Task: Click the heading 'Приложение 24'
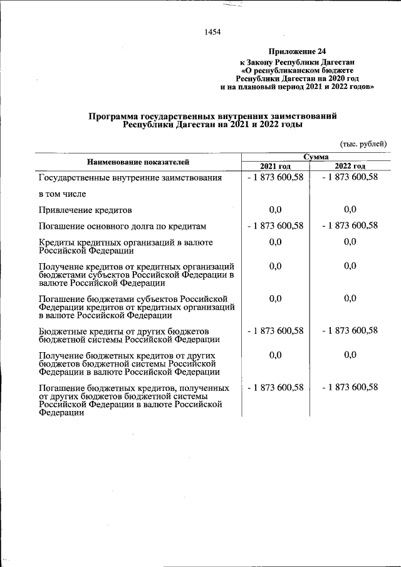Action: [x=298, y=51]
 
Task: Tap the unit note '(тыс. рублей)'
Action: [x=363, y=144]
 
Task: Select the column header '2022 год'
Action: [x=350, y=166]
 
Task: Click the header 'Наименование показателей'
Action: [x=138, y=162]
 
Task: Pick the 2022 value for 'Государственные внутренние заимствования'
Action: [x=350, y=177]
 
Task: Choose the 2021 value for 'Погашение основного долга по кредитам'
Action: [x=276, y=226]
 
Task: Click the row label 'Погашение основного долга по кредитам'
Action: [x=123, y=226]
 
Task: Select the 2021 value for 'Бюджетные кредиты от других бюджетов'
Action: [x=276, y=331]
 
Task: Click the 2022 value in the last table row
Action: [x=350, y=388]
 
